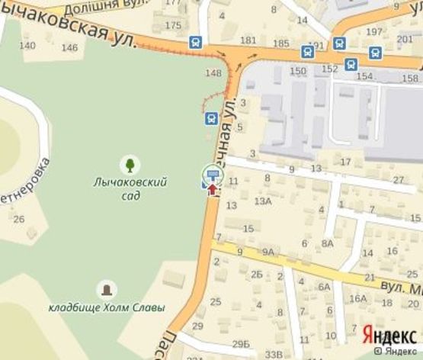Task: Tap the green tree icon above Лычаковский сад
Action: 130,164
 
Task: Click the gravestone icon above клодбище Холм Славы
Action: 107,289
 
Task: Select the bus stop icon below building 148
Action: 211,118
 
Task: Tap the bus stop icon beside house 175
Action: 197,43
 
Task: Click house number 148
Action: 213,73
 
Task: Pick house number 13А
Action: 263,201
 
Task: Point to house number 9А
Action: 268,251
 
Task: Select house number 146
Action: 69,47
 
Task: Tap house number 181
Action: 248,40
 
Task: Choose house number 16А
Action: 358,298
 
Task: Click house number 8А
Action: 327,243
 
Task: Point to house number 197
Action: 373,31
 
